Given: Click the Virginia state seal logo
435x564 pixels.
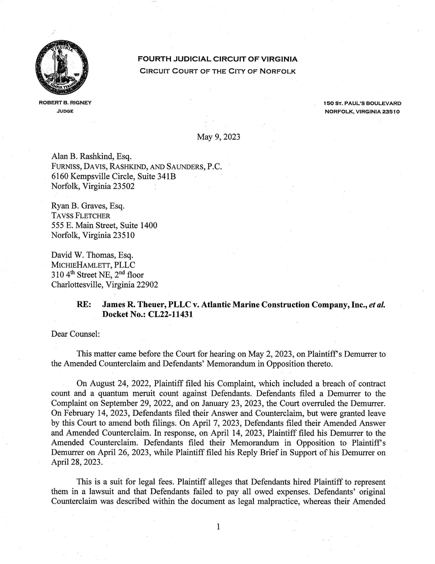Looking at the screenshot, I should pyautogui.click(x=62, y=68).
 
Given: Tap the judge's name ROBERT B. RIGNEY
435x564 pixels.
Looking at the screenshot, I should pyautogui.click(x=65, y=103).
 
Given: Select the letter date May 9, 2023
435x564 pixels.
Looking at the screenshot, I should pyautogui.click(x=218, y=137).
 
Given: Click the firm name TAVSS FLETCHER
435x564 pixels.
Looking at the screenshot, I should pyautogui.click(x=81, y=216).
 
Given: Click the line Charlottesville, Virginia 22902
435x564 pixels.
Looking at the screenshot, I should pyautogui.click(x=105, y=285).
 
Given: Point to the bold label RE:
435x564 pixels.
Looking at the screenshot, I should pyautogui.click(x=84, y=305).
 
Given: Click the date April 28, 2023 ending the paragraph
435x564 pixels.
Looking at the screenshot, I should pyautogui.click(x=76, y=462).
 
